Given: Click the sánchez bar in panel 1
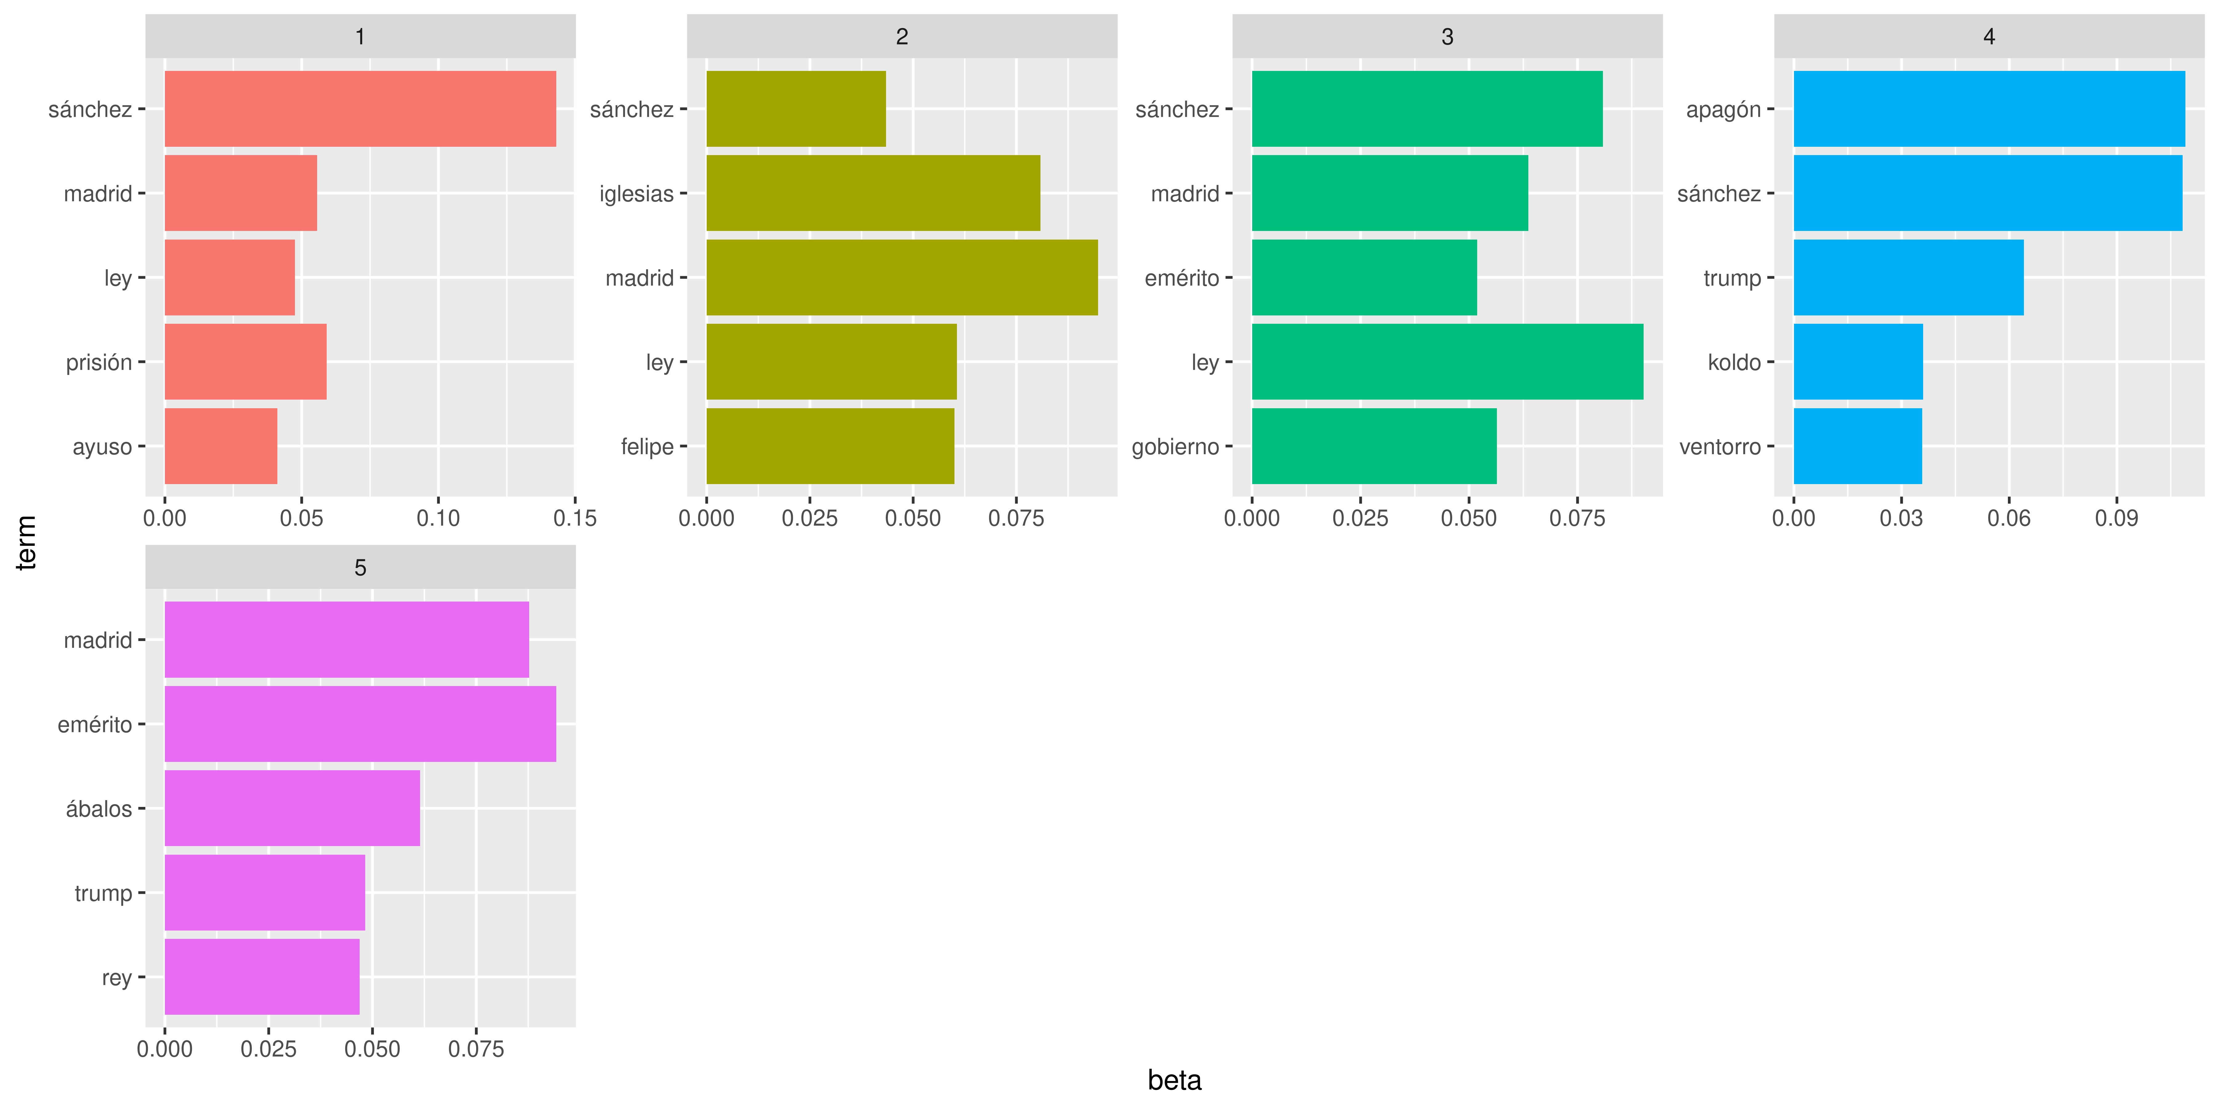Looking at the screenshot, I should click(x=360, y=109).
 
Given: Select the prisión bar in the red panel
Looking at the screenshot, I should click(x=246, y=362).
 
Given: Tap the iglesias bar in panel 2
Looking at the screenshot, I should click(x=872, y=193).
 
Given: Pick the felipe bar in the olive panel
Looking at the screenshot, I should click(x=830, y=446).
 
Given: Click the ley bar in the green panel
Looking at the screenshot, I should click(x=1447, y=362).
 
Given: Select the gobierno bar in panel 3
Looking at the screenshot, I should click(x=1374, y=446).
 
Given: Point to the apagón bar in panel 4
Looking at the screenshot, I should click(x=1989, y=109).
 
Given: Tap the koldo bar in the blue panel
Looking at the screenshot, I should click(x=1858, y=362).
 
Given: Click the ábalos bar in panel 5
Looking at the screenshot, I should click(x=292, y=808).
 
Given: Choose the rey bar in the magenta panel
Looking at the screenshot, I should click(x=262, y=977).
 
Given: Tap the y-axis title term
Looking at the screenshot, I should click(x=27, y=542).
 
